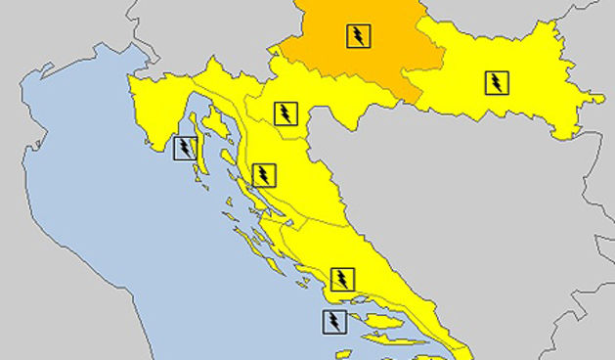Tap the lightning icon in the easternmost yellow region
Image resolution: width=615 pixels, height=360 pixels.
click(497, 82)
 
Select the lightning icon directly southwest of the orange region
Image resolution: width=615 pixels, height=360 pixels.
click(286, 113)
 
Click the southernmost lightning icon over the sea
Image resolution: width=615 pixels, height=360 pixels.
click(333, 321)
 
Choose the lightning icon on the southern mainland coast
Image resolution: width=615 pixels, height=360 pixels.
click(341, 279)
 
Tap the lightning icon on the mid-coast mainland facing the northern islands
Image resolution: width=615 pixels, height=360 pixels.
click(264, 175)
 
